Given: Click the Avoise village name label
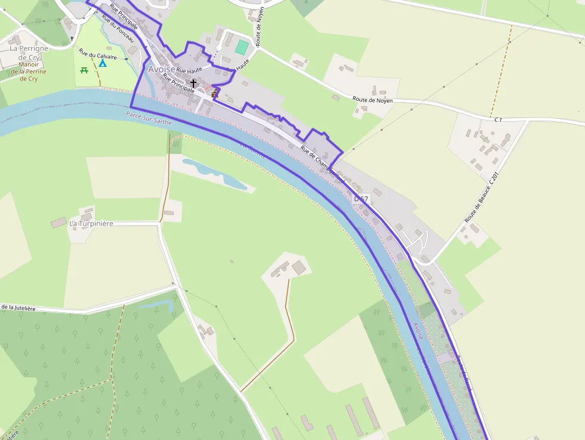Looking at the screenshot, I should coord(161,69).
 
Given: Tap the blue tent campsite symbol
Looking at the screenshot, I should coord(103,62).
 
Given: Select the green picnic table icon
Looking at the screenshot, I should coord(84,70).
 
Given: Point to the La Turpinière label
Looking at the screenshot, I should coord(91,223).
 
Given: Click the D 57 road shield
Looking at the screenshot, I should coord(362,198).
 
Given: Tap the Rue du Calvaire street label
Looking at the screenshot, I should coord(97,56).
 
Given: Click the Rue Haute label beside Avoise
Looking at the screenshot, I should coord(190,70).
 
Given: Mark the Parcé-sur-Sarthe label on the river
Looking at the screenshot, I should coord(149,118).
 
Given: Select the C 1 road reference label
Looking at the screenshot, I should coord(498,120).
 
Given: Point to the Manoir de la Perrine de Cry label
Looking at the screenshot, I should coord(29,71).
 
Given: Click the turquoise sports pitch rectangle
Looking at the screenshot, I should coord(241,47).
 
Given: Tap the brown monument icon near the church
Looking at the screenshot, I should coord(215,93).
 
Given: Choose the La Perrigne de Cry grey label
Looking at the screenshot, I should coord(29,53).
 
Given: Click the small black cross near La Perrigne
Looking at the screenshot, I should coord(72,39).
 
